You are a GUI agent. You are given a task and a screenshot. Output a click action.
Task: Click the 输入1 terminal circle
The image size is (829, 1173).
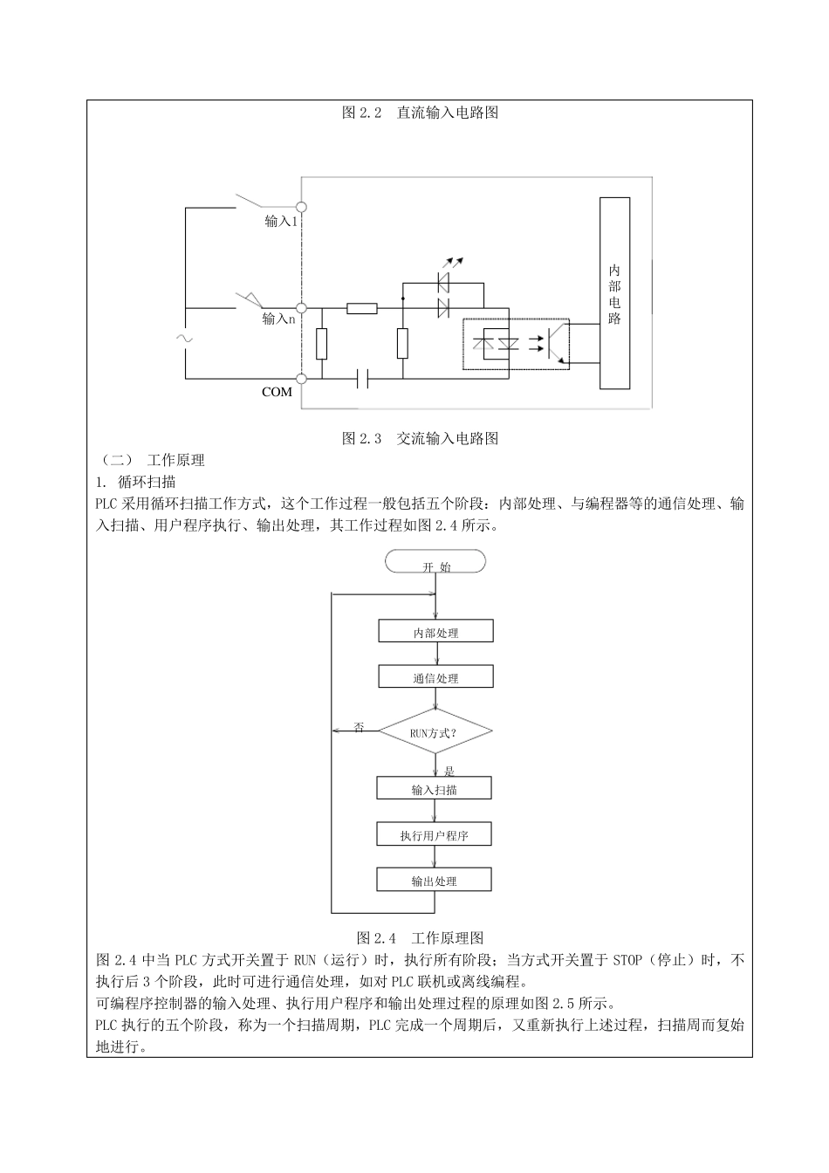pyautogui.click(x=301, y=207)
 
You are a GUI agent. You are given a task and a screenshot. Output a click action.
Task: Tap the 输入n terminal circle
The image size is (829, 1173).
pyautogui.click(x=301, y=308)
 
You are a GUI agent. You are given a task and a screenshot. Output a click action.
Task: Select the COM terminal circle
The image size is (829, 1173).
pyautogui.click(x=301, y=379)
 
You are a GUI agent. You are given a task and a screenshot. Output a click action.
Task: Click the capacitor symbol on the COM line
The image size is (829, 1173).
pyautogui.click(x=364, y=379)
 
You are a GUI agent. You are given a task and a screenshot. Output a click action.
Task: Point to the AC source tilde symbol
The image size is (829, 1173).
pyautogui.click(x=185, y=337)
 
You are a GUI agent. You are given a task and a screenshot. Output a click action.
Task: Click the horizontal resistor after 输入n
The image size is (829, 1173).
pyautogui.click(x=361, y=308)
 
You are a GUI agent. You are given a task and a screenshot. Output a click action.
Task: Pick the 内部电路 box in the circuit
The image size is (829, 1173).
pyautogui.click(x=614, y=293)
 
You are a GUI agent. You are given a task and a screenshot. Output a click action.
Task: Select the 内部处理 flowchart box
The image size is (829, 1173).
pyautogui.click(x=436, y=632)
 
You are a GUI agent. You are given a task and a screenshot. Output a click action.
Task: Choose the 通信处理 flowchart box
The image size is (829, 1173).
pyautogui.click(x=436, y=677)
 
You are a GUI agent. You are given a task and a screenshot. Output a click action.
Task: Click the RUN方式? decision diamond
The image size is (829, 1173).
pyautogui.click(x=435, y=732)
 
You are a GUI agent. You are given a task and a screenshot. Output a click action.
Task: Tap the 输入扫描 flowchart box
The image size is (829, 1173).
pyautogui.click(x=435, y=789)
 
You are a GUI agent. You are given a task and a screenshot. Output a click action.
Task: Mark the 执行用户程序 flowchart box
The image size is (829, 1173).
pyautogui.click(x=435, y=834)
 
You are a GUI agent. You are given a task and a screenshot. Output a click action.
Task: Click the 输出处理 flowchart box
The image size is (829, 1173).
pyautogui.click(x=435, y=880)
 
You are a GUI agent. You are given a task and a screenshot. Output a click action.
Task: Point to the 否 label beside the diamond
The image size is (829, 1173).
pyautogui.click(x=359, y=727)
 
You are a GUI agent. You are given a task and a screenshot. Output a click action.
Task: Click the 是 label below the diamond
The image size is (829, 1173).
pyautogui.click(x=449, y=771)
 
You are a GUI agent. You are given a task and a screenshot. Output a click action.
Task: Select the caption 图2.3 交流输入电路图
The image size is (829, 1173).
pyautogui.click(x=420, y=439)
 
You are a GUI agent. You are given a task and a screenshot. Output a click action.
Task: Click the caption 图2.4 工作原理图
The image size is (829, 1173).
pyautogui.click(x=420, y=938)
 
